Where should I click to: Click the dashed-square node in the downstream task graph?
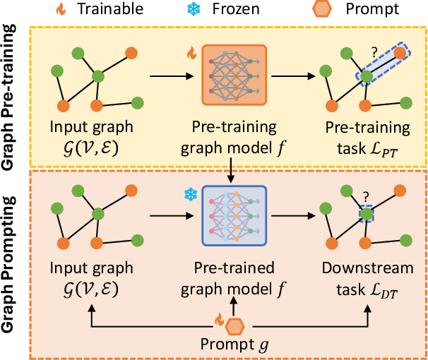(367, 214)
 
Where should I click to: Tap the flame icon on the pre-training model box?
(191, 52)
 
